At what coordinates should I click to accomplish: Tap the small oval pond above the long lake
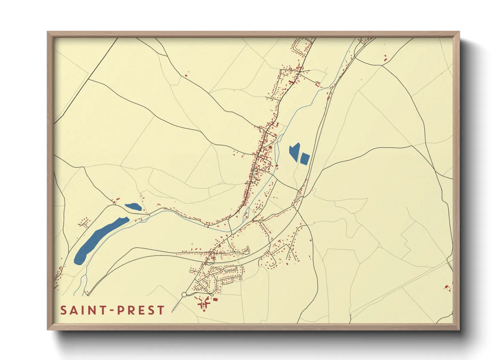(x=133, y=207)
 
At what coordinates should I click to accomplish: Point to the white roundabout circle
(x=184, y=294)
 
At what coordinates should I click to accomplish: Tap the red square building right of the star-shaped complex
(x=215, y=299)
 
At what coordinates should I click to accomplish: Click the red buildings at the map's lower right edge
(x=447, y=288)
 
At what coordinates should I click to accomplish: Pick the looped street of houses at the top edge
(x=301, y=47)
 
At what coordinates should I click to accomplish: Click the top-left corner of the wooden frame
(x=48, y=33)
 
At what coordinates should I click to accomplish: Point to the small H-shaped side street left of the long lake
(x=85, y=223)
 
